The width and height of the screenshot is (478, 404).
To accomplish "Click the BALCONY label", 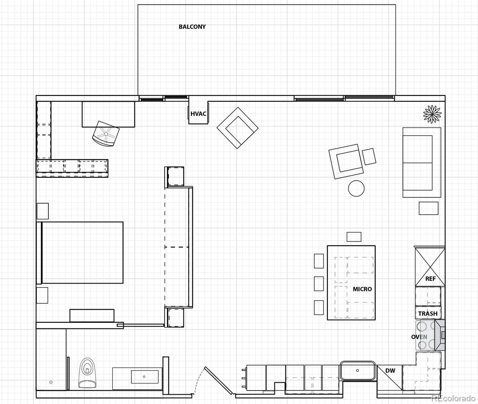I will [x=192, y=27].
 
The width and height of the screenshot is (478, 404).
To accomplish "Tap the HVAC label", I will [x=198, y=114].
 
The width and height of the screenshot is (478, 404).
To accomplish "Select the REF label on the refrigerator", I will [x=430, y=279].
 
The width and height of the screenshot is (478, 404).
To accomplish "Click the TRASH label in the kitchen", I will [x=428, y=314].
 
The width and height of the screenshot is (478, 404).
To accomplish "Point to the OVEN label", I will [x=419, y=337].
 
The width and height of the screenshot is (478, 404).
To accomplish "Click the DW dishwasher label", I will [x=390, y=371].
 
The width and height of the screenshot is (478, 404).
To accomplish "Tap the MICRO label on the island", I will [x=362, y=289].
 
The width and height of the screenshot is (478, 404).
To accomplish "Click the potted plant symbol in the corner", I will [x=432, y=114].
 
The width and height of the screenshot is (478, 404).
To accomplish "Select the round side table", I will [x=356, y=188].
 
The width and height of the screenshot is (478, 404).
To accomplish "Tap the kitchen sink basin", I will [x=357, y=371].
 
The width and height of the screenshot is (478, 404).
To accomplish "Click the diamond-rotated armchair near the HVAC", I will [x=238, y=128].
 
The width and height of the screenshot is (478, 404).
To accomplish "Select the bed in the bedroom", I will [x=82, y=252].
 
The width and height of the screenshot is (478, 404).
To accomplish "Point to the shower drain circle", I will [x=51, y=382].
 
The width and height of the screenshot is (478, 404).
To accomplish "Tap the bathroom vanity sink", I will [x=144, y=377].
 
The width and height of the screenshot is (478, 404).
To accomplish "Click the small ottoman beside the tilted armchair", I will [x=369, y=157].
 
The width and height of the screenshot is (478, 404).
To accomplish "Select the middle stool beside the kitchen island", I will [x=318, y=283].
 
